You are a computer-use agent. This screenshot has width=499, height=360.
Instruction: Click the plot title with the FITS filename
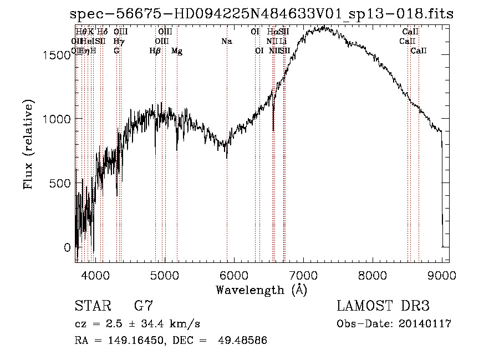pos(262,14)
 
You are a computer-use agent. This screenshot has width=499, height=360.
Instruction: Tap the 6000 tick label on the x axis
pos(234,275)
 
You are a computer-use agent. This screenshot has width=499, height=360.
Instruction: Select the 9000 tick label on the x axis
pos(442,275)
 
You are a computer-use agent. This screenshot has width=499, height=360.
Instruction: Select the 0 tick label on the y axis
pos(68,247)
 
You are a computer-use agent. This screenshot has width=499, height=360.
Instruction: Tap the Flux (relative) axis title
pos(28,144)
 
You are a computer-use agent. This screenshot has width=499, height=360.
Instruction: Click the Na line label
pos(226,42)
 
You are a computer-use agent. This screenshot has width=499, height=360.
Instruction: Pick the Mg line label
pos(177,51)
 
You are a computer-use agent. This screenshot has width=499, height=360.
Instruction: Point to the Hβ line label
pos(155,51)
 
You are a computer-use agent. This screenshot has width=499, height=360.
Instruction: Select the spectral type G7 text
pos(143,306)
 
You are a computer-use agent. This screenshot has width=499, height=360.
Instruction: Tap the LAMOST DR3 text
pos(383,306)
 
